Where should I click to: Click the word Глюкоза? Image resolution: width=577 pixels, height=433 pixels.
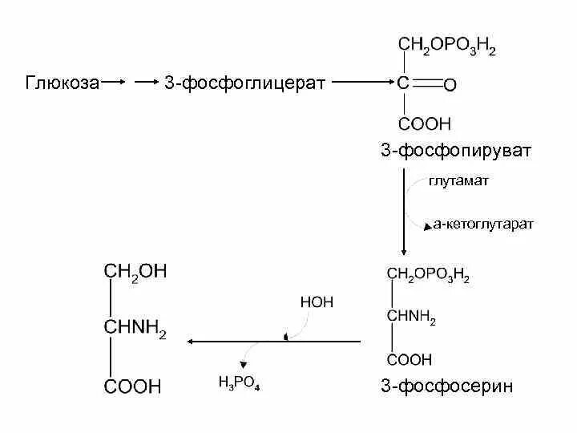point(63,83)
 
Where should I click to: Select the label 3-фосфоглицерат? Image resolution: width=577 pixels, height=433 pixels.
point(244,83)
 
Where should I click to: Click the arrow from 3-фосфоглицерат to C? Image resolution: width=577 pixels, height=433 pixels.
point(361,82)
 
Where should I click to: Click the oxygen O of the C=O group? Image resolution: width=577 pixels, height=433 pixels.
point(450,83)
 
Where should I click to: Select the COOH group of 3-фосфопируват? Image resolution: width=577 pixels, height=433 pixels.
point(425,123)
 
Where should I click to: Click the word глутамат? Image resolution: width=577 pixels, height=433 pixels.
point(458,181)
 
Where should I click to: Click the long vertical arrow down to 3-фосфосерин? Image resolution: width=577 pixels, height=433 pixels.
point(403,208)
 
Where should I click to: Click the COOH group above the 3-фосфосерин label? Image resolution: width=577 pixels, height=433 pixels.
point(410,360)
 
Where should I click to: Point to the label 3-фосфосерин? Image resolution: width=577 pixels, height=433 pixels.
point(446,387)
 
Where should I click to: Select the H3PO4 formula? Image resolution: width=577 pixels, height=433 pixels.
point(240,382)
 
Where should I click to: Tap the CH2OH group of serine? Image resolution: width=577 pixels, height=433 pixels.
point(135,272)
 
